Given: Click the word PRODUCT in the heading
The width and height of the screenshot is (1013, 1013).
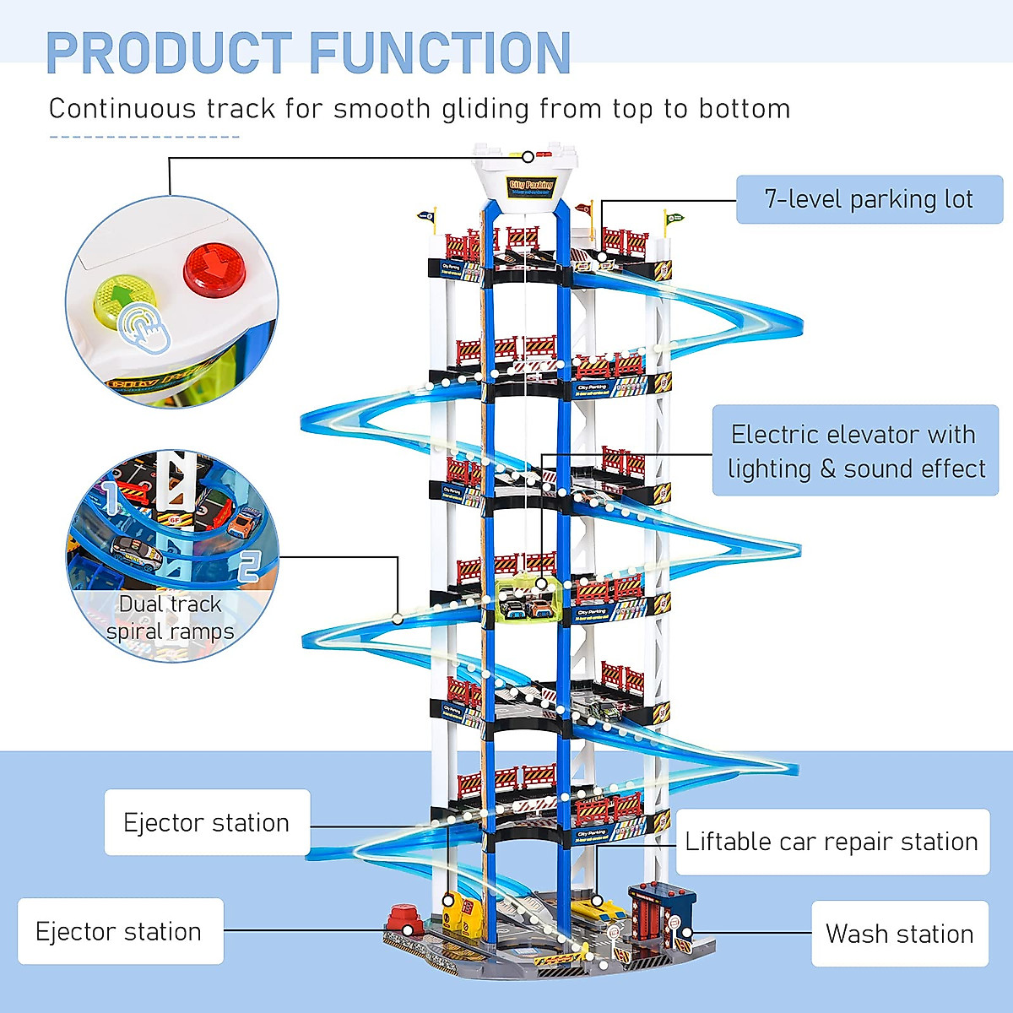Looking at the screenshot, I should pyautogui.click(x=169, y=53).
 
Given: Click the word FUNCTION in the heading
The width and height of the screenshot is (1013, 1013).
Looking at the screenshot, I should pyautogui.click(x=440, y=53).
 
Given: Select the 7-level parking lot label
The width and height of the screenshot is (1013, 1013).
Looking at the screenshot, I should pyautogui.click(x=869, y=199).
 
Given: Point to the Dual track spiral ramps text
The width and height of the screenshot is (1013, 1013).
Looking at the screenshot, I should pyautogui.click(x=170, y=618).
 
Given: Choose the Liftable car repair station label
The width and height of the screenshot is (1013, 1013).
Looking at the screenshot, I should pyautogui.click(x=832, y=842).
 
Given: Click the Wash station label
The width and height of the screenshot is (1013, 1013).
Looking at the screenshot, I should pyautogui.click(x=899, y=934).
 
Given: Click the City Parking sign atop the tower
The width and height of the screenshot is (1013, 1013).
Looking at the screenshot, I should pyautogui.click(x=530, y=186).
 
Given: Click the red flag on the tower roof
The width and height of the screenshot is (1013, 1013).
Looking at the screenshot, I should pyautogui.click(x=584, y=207).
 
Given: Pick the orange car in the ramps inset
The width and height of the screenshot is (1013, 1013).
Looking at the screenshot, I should pyautogui.click(x=243, y=521).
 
